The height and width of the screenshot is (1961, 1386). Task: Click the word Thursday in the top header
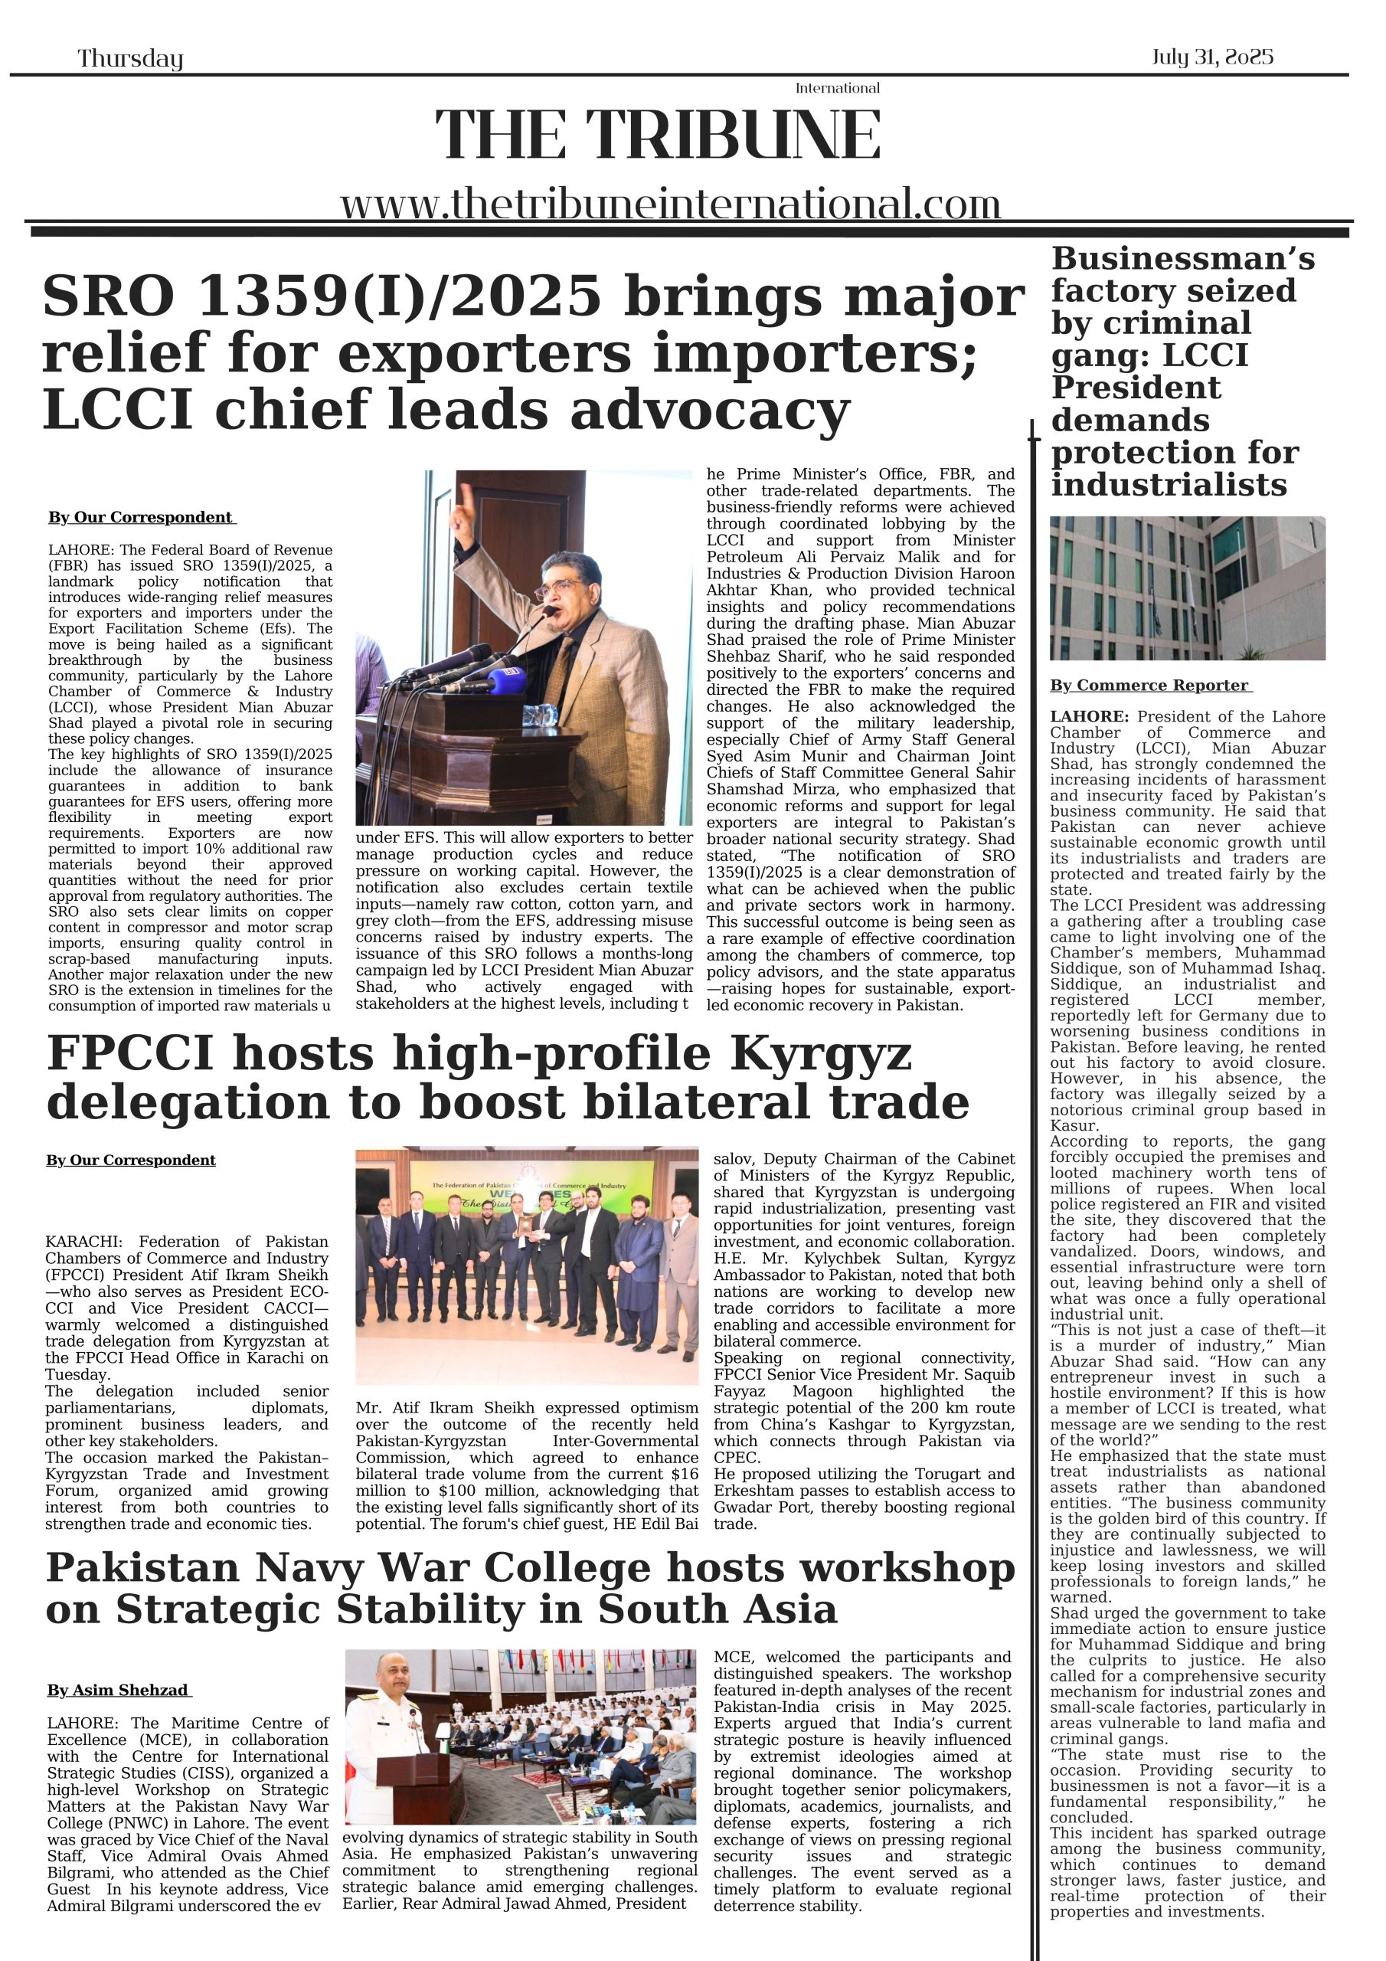(x=130, y=58)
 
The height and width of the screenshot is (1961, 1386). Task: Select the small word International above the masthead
(x=837, y=88)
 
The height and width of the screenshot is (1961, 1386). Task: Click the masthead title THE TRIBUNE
(x=658, y=135)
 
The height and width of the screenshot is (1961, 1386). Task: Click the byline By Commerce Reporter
(x=1149, y=685)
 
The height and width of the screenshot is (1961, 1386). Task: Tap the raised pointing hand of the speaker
(x=466, y=504)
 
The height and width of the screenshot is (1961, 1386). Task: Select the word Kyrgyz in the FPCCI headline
(x=820, y=1054)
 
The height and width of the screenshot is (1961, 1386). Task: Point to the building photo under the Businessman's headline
(x=1187, y=588)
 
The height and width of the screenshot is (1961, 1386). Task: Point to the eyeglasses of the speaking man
(x=559, y=588)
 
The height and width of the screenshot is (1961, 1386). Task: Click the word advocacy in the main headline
(x=709, y=410)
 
